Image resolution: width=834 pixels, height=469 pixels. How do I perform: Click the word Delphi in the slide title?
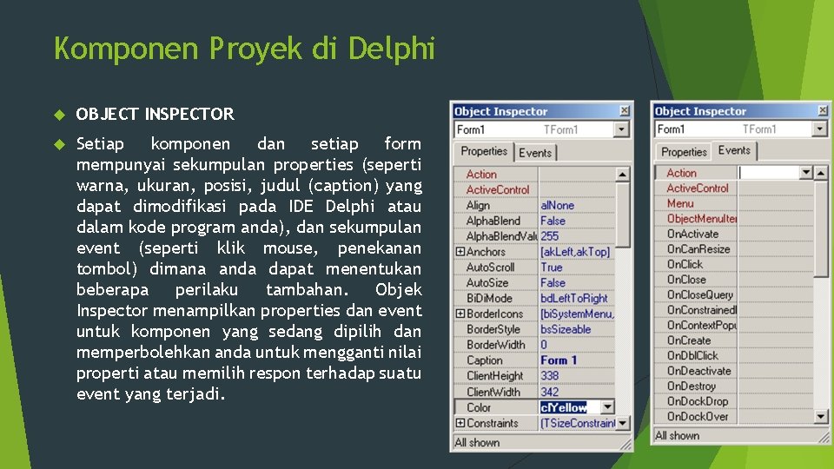391,49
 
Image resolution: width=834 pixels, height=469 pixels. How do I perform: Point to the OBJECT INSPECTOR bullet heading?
155,114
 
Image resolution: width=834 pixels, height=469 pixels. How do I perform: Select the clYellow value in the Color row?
564,407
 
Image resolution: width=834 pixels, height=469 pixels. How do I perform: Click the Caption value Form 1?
559,360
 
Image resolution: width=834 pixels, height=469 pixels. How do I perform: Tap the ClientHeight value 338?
550,376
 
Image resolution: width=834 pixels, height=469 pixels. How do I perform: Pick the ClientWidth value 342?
550,392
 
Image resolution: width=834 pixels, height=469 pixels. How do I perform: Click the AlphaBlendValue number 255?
550,236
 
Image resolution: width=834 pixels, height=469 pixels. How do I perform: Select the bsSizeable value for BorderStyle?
566,329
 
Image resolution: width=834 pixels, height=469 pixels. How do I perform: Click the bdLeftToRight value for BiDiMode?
574,298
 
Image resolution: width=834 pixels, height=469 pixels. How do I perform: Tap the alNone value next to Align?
557,205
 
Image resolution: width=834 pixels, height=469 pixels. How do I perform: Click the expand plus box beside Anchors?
460,252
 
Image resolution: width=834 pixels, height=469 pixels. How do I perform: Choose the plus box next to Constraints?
460,423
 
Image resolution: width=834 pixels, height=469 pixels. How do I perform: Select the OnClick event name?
685,264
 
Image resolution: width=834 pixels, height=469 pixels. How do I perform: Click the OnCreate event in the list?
688,340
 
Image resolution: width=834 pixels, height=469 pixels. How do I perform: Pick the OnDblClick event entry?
692,355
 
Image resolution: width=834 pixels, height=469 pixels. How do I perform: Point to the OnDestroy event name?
691,386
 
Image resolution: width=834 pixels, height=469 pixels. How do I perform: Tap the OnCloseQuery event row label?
699,294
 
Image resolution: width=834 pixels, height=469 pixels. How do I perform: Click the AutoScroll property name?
490,268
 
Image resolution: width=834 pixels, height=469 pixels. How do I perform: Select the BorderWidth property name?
495,345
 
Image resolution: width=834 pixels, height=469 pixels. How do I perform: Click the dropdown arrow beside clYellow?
607,407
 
